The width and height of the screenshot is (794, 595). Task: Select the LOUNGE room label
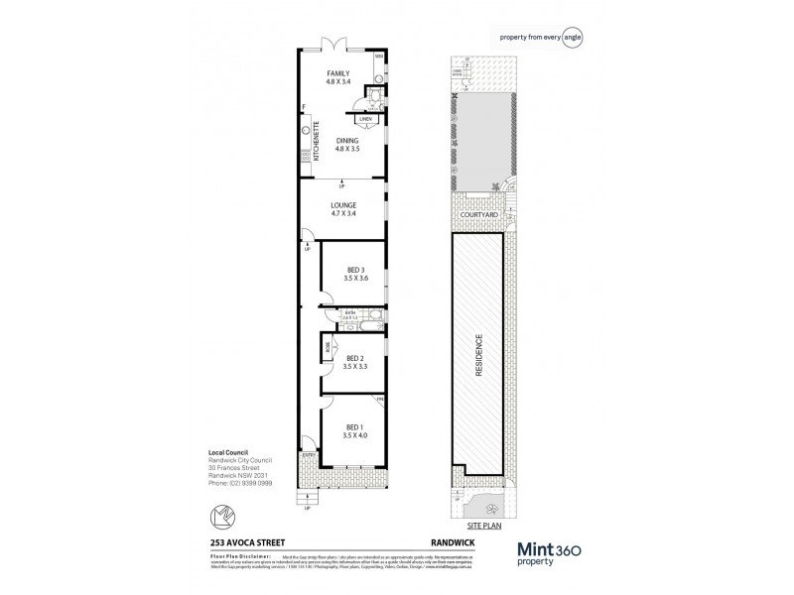(x=343, y=205)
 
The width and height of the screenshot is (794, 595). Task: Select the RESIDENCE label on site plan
(x=479, y=350)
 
